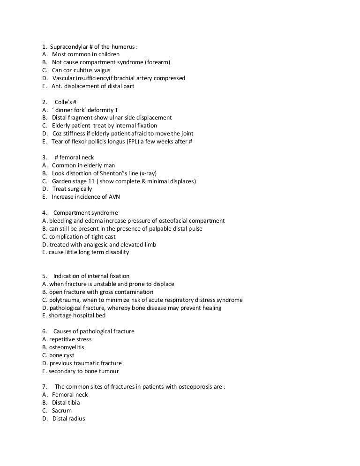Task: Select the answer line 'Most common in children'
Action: pos(85,54)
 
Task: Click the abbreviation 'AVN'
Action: pos(113,197)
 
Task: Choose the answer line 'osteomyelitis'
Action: pos(66,347)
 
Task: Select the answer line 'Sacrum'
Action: pos(61,411)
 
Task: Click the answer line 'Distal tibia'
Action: pos(66,403)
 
